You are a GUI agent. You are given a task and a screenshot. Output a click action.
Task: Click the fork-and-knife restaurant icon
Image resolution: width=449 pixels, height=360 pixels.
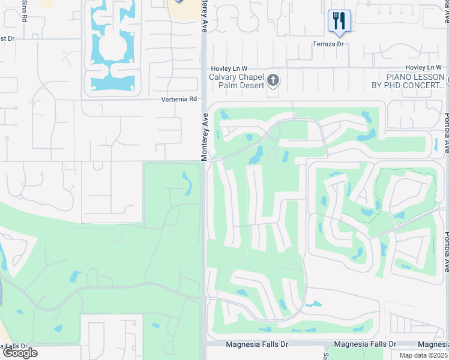click(x=339, y=21)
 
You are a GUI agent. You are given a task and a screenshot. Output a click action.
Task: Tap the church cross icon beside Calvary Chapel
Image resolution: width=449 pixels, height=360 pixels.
click(x=273, y=80)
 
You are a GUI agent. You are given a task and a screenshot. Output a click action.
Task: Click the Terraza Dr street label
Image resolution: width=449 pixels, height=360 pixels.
click(x=328, y=44)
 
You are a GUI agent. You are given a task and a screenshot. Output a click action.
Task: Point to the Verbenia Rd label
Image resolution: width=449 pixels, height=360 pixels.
click(x=179, y=99)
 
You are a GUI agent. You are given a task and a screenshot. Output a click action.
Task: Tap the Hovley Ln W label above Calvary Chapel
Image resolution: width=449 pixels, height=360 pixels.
click(x=228, y=68)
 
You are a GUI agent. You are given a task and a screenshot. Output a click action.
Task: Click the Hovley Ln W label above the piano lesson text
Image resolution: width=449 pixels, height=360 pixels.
click(x=424, y=67)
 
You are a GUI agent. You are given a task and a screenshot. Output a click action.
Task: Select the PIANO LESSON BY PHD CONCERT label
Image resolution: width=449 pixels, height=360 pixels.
click(x=415, y=81)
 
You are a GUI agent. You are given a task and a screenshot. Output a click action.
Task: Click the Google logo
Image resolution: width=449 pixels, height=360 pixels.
click(x=20, y=352)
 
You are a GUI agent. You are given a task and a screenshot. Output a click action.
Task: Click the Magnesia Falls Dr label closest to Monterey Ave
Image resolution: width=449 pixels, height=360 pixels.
click(x=256, y=344)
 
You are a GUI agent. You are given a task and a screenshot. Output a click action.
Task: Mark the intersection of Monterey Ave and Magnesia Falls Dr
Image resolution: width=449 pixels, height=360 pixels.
click(x=205, y=345)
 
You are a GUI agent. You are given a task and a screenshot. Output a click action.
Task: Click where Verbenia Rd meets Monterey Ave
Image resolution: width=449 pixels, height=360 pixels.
click(x=204, y=100)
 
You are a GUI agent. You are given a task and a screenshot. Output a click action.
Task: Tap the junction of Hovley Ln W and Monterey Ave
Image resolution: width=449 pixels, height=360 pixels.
click(x=204, y=67)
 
